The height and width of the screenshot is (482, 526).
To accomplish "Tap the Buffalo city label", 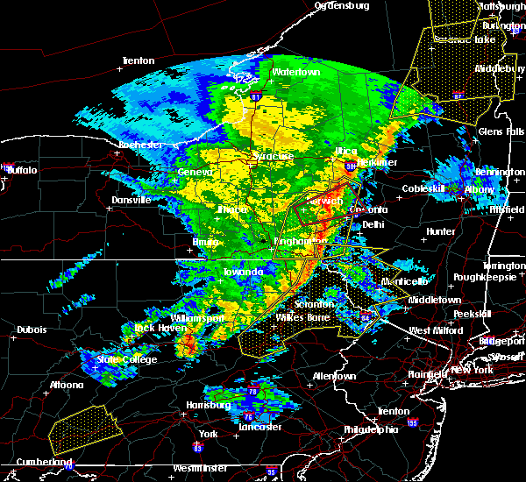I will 22,170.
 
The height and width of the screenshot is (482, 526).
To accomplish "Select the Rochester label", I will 140,145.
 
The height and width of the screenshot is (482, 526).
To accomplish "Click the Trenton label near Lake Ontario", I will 139,61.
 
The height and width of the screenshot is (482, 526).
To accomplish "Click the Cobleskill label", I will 424,189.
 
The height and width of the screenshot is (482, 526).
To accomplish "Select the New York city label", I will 473,372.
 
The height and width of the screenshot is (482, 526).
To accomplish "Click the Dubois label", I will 32,330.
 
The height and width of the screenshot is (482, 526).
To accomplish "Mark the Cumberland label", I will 43,462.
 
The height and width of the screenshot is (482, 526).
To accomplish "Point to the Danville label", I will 130,200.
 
